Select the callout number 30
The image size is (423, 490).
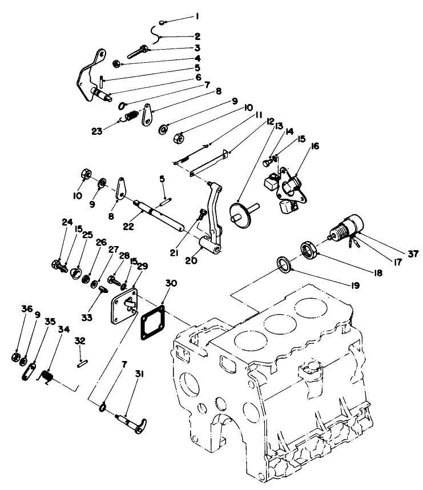point(171,284)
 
